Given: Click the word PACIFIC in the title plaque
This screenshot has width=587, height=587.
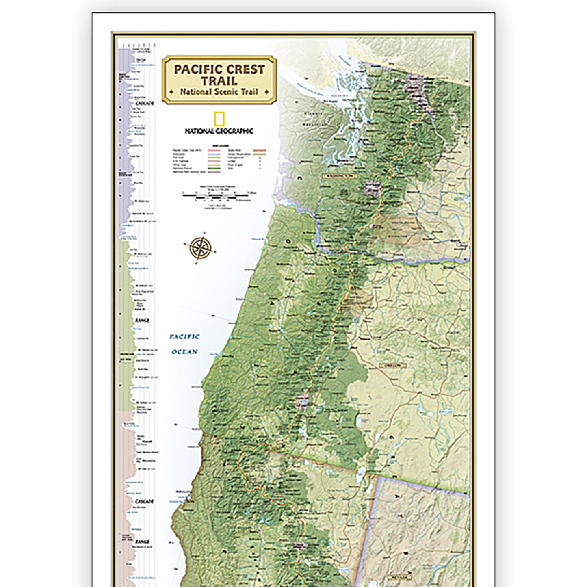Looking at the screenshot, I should coord(198,69).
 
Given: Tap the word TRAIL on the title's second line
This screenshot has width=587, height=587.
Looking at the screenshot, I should coord(219,80).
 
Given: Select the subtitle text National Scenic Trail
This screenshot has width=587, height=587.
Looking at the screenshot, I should coord(219,92).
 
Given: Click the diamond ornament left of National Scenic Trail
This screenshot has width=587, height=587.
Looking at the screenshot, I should coord(172,92).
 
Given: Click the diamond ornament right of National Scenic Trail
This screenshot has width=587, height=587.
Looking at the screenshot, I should coord(266,92).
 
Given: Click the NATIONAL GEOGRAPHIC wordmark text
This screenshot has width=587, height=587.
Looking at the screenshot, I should coord(219,131).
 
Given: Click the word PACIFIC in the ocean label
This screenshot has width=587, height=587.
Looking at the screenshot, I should coord(184,337).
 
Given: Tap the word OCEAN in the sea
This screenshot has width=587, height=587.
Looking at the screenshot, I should coord(184,352).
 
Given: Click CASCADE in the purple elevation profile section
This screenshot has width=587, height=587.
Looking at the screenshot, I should coord(145,104).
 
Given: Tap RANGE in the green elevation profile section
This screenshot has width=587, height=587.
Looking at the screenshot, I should coord(142,321).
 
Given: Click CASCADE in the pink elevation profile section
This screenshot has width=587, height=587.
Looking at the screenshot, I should coord(144,501).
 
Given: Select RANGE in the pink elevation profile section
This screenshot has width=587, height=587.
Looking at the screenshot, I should coord(142,542).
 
